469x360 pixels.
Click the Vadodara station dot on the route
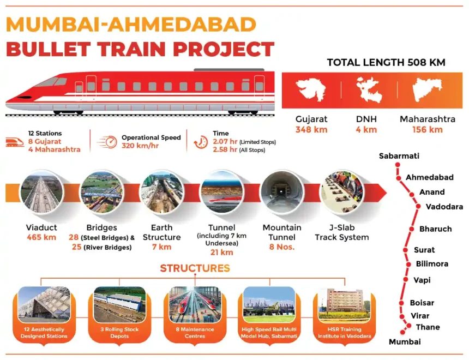point(418,206)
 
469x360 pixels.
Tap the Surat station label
point(424,250)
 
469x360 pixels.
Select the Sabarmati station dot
point(398,165)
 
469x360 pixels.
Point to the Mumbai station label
point(405,342)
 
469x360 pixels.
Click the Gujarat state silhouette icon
point(310,89)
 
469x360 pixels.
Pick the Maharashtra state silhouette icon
point(427,89)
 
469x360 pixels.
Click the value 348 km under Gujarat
point(311,130)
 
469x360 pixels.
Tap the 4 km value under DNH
point(366,130)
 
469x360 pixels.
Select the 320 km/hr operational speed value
point(140,146)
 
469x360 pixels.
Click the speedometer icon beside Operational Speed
point(107,142)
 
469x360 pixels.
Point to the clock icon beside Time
point(201,142)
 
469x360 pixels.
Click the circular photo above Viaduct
point(41,193)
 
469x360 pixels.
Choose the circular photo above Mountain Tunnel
point(281,193)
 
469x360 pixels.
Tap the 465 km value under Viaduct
point(41,237)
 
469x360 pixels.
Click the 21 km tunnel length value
point(221,252)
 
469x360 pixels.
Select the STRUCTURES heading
point(195,268)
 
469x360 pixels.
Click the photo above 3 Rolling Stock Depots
point(119,305)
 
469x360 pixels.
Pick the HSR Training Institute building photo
point(344,305)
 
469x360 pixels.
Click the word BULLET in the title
point(48,49)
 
